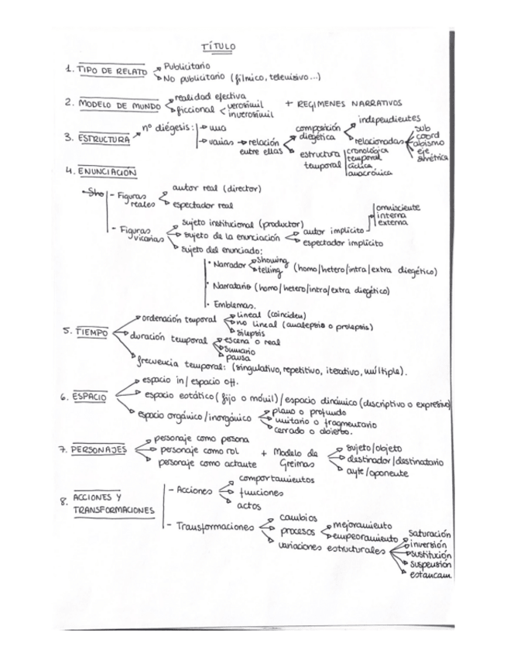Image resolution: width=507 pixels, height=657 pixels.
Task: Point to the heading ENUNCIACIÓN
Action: (x=108, y=172)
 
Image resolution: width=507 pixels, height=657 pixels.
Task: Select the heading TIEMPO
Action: (x=91, y=332)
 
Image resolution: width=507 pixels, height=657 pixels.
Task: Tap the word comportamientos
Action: (x=277, y=480)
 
